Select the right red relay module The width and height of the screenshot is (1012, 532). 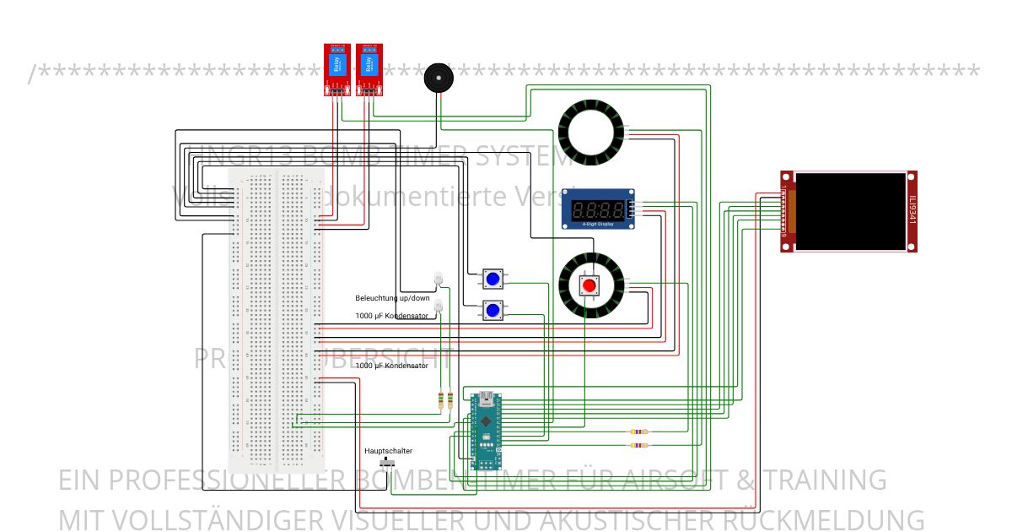point(368,68)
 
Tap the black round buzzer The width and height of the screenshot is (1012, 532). point(437,78)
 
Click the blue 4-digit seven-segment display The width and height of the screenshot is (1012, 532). point(599,208)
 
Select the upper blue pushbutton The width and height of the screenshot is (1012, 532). point(493,279)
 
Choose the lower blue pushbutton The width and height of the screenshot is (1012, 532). point(493,310)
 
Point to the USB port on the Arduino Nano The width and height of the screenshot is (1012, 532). point(487,397)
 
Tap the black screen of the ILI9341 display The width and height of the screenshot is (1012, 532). point(850,211)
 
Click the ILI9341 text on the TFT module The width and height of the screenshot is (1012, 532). point(912,211)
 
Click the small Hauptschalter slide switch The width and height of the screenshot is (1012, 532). point(389,464)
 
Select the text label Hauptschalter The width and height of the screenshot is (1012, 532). point(388,451)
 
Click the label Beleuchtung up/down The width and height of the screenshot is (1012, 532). point(392,298)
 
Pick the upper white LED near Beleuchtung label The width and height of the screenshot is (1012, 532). point(438,278)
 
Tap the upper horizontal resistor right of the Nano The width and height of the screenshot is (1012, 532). point(639,432)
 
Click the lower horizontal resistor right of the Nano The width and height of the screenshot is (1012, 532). point(639,445)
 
